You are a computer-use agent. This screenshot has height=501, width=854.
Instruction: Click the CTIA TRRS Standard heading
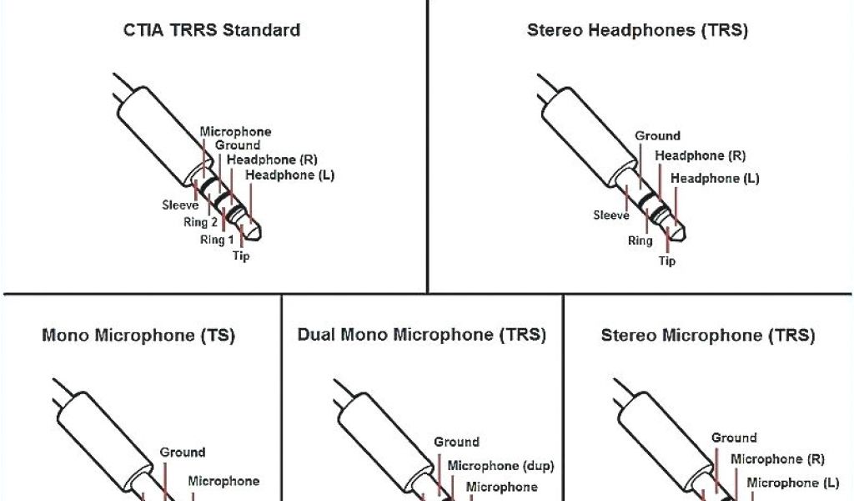click(x=211, y=31)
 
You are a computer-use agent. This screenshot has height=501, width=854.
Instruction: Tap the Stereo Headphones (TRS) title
click(x=637, y=31)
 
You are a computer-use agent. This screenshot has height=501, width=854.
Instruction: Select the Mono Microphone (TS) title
click(x=138, y=337)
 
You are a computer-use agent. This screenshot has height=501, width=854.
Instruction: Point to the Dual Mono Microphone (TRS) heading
click(x=422, y=336)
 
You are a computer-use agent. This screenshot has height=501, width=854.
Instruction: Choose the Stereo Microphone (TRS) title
click(x=707, y=337)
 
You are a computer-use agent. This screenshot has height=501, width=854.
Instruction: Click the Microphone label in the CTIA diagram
click(x=235, y=132)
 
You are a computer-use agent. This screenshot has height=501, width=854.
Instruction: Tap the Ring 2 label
click(x=200, y=222)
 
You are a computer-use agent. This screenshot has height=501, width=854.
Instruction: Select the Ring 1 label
click(x=217, y=240)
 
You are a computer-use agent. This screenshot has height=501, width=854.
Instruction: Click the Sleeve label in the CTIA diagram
click(x=180, y=205)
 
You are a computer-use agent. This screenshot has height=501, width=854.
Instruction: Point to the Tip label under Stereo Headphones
click(x=667, y=261)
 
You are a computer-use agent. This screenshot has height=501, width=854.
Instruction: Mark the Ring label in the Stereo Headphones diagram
click(x=640, y=241)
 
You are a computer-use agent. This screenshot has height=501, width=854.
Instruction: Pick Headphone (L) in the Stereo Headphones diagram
click(x=715, y=179)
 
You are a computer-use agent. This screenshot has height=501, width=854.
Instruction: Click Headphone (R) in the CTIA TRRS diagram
click(x=273, y=159)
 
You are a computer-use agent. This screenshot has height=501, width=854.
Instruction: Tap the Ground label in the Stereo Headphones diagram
click(x=657, y=136)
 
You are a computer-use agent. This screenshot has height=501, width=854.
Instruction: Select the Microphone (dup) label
click(x=501, y=466)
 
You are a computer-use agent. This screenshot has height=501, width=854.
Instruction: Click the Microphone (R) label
click(x=778, y=459)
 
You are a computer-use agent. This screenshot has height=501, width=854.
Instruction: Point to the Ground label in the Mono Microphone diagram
click(x=183, y=453)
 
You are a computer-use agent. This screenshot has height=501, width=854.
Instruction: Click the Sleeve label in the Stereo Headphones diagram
click(x=611, y=215)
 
